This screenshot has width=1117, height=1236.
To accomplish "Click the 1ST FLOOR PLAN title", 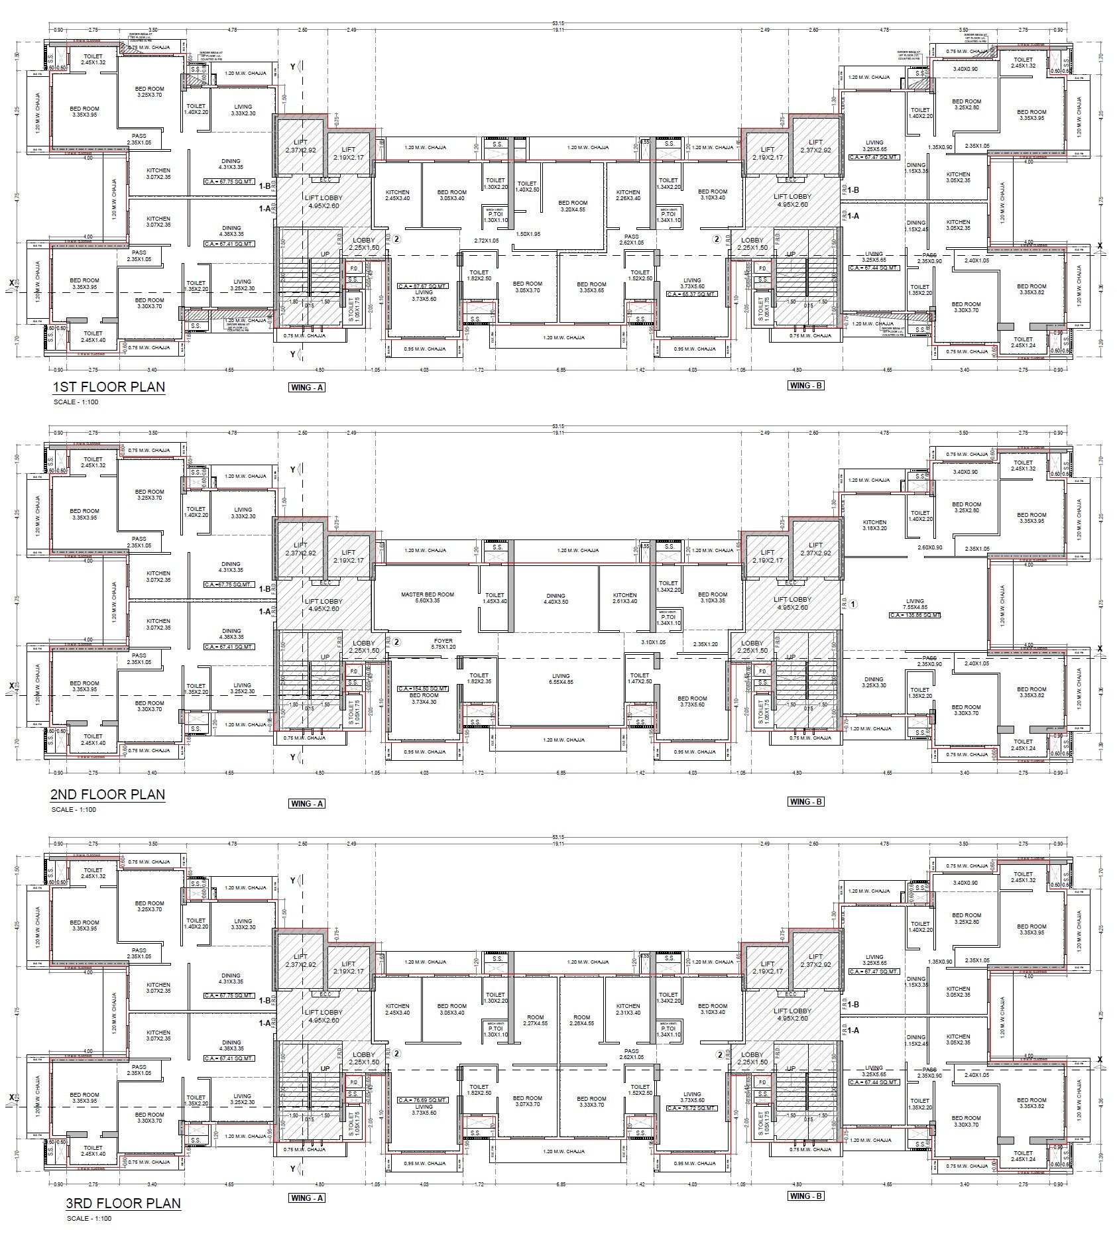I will (x=108, y=387).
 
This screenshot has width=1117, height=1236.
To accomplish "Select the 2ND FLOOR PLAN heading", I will (x=108, y=794).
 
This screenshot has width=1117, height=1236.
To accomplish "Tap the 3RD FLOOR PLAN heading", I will (x=123, y=1203).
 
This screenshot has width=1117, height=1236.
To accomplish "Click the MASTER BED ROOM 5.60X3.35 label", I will (x=428, y=598).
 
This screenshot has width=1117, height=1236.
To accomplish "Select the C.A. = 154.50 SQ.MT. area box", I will (x=423, y=689).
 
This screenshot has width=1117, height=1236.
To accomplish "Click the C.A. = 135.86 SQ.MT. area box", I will (x=915, y=615).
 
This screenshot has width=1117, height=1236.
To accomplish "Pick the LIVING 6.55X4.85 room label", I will (x=561, y=679).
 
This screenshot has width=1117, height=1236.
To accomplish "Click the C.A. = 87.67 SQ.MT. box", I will (x=423, y=286).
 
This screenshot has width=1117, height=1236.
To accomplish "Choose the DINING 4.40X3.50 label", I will (x=556, y=598).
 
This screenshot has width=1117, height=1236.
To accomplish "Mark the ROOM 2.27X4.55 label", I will (x=535, y=1020).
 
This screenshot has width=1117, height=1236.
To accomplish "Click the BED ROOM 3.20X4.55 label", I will (x=573, y=206).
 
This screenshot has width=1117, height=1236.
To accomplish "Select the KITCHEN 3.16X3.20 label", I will (x=874, y=525).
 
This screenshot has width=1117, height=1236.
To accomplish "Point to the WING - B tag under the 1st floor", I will (x=806, y=386).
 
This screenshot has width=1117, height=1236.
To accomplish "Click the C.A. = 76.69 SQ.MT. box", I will (x=423, y=1099).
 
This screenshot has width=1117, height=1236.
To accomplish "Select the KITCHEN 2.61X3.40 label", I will (x=624, y=598).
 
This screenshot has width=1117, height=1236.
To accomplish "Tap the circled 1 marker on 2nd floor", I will (x=854, y=604).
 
